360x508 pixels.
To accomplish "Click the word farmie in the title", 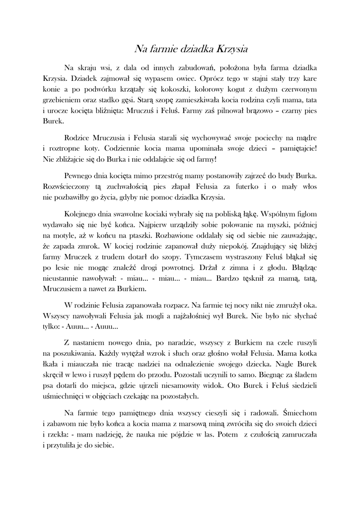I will point(165,49).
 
